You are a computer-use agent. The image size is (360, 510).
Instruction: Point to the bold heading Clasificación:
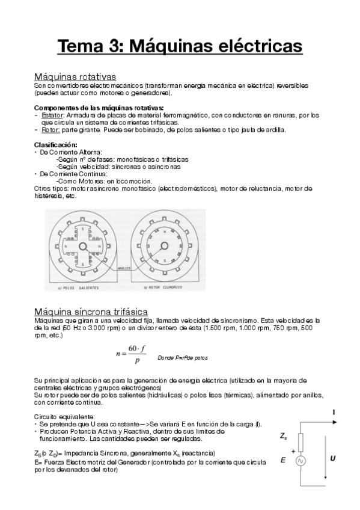tap(55, 145)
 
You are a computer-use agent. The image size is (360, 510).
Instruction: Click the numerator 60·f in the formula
tap(134, 350)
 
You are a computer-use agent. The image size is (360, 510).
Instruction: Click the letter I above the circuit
tap(332, 413)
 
